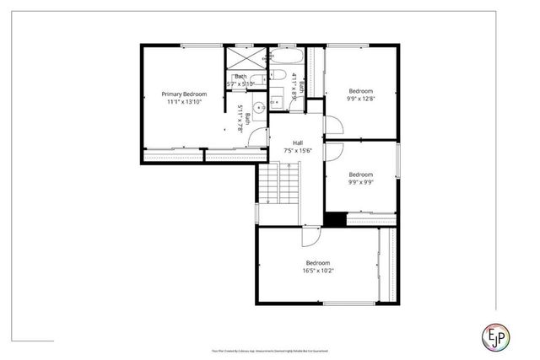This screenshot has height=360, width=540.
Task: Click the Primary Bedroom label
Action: tap(184, 94)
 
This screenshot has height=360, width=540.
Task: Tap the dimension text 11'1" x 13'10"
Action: tap(184, 101)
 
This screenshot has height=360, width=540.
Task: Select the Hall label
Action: tap(298, 143)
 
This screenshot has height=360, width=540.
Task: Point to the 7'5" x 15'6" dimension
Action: tap(298, 151)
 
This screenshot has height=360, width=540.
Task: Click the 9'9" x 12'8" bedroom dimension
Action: tap(361, 99)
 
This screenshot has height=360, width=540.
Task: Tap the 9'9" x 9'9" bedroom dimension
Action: tap(361, 182)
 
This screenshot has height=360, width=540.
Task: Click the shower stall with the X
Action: tap(246, 59)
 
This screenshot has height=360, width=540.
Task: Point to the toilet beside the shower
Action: tap(232, 83)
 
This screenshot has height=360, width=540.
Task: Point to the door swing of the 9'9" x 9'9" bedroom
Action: tap(332, 153)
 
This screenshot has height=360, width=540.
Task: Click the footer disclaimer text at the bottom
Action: tap(269, 350)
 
